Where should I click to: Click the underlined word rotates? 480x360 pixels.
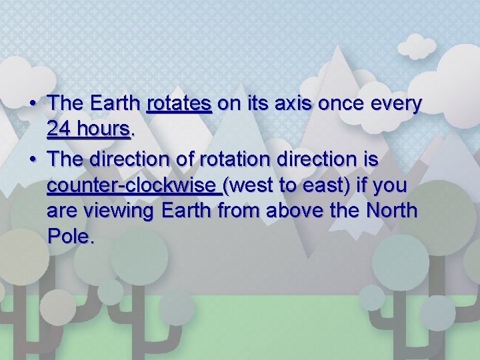click(179, 104)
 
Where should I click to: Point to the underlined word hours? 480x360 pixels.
click(103, 129)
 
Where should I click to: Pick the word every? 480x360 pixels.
click(395, 104)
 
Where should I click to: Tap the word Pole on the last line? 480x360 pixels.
click(71, 237)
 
